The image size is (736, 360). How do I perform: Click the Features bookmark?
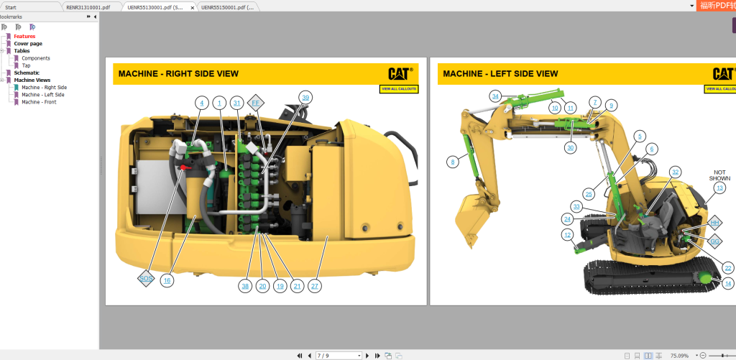coord(24,36)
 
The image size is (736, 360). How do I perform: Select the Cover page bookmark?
coord(28,43)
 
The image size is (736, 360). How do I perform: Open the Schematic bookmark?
coord(27,73)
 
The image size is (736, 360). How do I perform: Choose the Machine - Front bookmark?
coord(39,102)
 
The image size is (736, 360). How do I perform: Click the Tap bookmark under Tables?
coord(26,65)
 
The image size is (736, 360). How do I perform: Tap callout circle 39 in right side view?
coord(305,97)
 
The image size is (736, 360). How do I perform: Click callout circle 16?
coord(167,280)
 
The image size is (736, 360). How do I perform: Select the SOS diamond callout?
coord(146,277)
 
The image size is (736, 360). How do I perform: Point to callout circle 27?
coord(314,286)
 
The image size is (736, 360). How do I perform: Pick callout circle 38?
coord(245,286)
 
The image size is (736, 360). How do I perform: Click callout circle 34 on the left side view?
coord(495,96)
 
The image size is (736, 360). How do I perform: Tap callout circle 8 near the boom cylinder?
coord(452,162)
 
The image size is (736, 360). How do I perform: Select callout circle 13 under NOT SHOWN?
coord(719,188)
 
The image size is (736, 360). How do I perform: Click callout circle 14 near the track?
coord(728,284)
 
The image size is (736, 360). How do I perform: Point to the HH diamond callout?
coord(714,223)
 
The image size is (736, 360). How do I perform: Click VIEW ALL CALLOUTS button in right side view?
coord(399,89)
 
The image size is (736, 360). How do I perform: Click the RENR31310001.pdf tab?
coord(88,6)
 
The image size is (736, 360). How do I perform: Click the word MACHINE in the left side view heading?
coord(462,74)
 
